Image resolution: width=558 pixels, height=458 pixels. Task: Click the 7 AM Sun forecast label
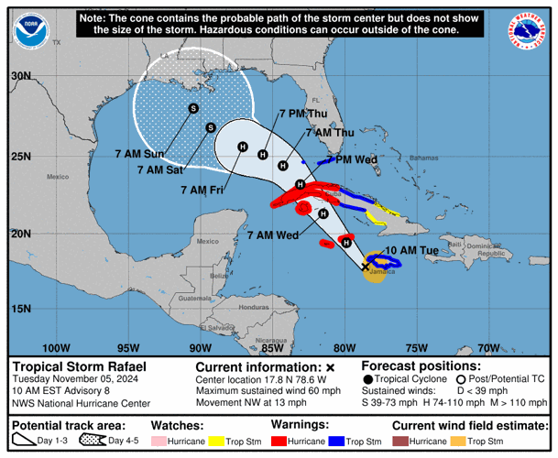pyautogui.click(x=141, y=154)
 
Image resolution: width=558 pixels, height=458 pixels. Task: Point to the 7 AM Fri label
pyautogui.click(x=203, y=190)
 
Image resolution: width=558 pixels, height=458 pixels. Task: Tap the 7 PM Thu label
pyautogui.click(x=303, y=114)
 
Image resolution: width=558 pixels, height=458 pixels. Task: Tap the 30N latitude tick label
pyautogui.click(x=19, y=76)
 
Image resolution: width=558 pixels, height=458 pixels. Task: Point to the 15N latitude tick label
pyautogui.click(x=19, y=309)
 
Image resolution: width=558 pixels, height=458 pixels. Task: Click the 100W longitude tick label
pyautogui.click(x=57, y=348)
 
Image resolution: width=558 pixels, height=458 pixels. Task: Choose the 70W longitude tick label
pyautogui.click(x=488, y=348)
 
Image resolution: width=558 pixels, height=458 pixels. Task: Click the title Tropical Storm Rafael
pyautogui.click(x=79, y=367)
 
